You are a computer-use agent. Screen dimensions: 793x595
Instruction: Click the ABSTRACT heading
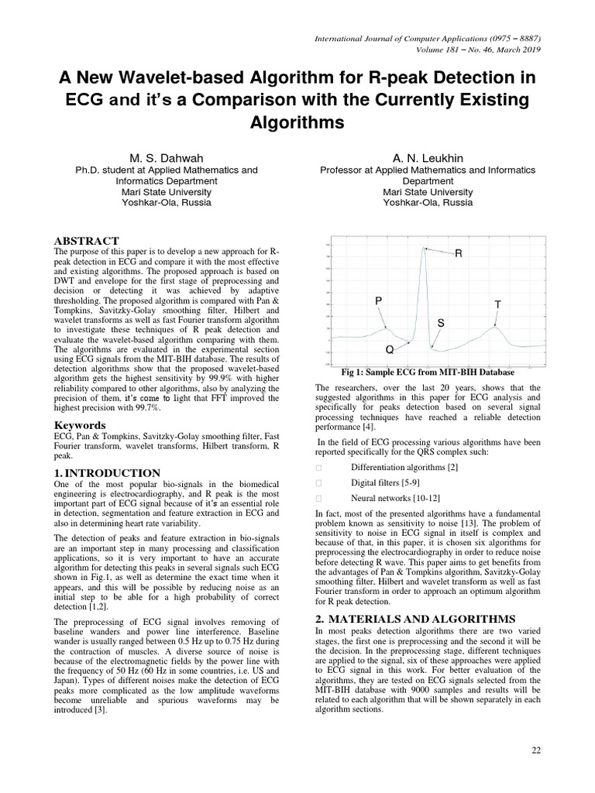[x=86, y=242]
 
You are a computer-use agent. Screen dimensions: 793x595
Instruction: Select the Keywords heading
[x=81, y=425]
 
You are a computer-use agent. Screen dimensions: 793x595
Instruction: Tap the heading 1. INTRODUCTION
[x=108, y=473]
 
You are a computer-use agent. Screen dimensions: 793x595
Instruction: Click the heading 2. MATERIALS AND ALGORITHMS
[x=415, y=619]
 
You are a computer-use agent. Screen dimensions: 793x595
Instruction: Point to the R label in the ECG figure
[x=459, y=254]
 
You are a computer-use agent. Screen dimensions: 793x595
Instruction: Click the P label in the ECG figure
[x=378, y=300]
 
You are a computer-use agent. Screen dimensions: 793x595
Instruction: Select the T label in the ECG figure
[x=498, y=305]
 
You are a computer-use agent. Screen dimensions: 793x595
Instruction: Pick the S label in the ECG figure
[x=440, y=321]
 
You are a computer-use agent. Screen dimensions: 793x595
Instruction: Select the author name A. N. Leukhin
[x=428, y=158]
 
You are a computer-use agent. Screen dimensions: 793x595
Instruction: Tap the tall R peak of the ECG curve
[x=424, y=249]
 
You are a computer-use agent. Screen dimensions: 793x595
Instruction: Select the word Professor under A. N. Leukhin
[x=342, y=170]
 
